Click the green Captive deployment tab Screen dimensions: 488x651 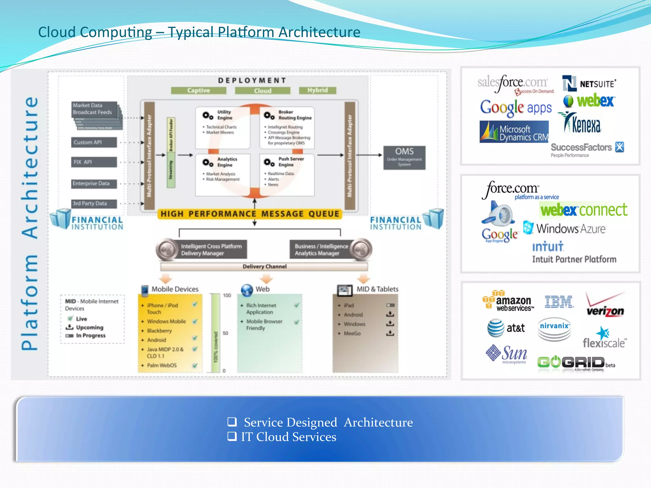coord(198,91)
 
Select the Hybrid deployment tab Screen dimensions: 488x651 coord(317,90)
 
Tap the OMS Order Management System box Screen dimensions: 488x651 coord(404,158)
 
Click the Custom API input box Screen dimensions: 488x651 coord(94,142)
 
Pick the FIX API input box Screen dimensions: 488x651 coord(94,162)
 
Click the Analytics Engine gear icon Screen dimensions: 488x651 coord(208,163)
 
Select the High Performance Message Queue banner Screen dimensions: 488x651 coord(250,214)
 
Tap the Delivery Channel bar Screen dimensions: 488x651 coord(264,267)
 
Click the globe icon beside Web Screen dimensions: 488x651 coord(247,289)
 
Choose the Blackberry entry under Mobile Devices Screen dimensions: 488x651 coord(159,331)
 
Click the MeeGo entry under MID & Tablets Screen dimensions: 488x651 coord(352,334)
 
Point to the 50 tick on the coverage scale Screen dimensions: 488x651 coord(225,333)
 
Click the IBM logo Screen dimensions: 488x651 coord(558,302)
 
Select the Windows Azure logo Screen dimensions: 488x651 coord(565,228)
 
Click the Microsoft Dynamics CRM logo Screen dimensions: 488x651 coord(514,132)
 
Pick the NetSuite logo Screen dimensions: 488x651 coord(589,84)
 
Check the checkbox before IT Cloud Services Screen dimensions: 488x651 coord(232,436)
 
